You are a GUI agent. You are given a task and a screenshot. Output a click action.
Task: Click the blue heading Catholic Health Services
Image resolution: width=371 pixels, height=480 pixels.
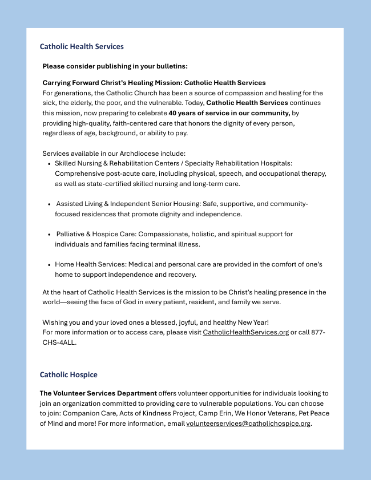click(x=82, y=46)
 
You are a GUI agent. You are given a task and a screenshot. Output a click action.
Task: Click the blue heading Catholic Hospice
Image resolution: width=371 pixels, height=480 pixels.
click(x=68, y=374)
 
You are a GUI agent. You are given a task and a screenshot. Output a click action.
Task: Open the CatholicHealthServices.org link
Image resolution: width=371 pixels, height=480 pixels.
click(x=245, y=332)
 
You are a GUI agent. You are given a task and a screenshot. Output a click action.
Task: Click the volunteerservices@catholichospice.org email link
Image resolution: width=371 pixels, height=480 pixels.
click(x=248, y=423)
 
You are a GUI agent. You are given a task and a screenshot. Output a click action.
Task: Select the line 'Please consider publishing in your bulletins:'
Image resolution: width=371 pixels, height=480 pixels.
click(x=115, y=66)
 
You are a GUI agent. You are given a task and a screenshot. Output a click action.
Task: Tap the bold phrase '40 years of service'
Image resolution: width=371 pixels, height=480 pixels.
click(x=197, y=113)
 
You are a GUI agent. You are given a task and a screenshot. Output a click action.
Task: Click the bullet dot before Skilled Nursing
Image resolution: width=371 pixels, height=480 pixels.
click(x=49, y=163)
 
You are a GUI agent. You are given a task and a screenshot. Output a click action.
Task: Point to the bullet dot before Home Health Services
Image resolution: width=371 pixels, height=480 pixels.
click(x=49, y=264)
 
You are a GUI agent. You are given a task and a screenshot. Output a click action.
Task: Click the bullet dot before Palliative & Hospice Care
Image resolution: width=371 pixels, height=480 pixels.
click(x=49, y=234)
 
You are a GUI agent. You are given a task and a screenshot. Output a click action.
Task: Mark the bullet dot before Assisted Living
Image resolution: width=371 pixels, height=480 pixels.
click(x=49, y=204)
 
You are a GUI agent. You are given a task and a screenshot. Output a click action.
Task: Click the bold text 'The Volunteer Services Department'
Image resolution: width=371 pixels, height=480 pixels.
click(x=98, y=393)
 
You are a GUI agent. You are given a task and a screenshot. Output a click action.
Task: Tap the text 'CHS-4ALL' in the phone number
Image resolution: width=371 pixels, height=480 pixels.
click(x=59, y=342)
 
